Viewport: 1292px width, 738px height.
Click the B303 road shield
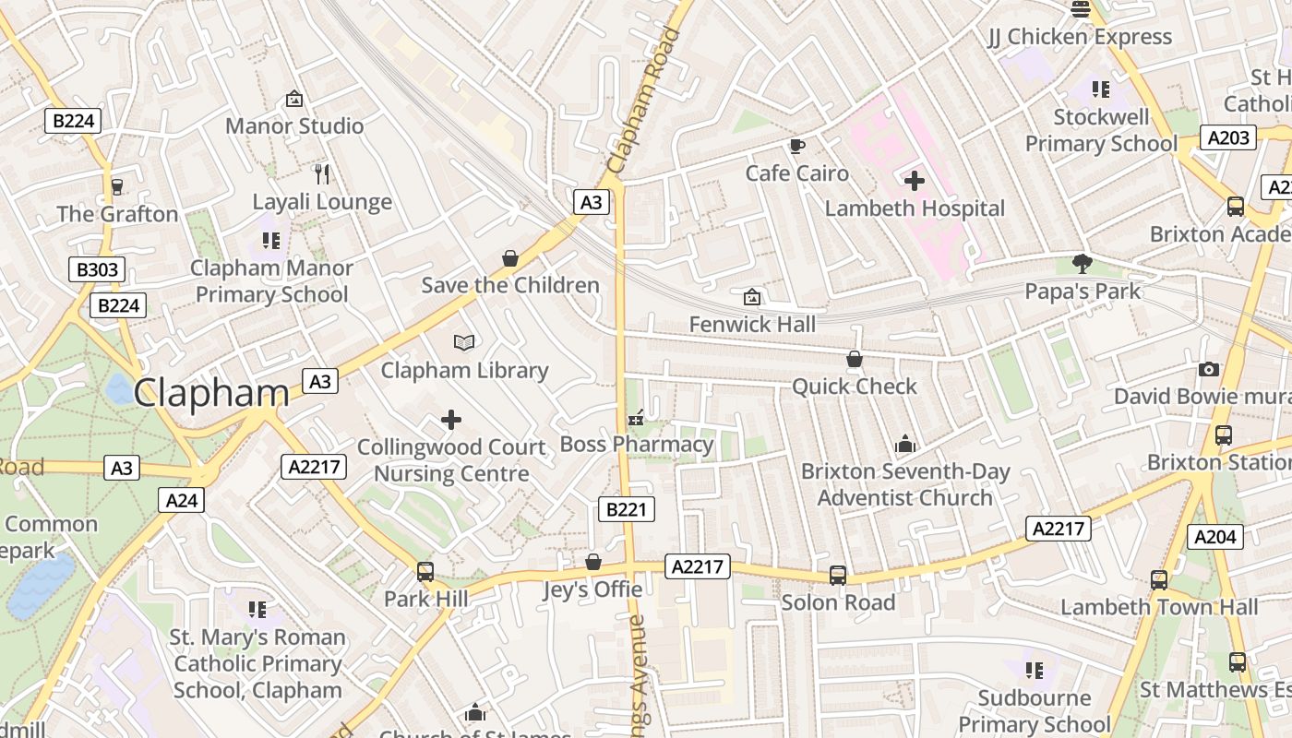point(97,269)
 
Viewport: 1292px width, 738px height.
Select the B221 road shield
point(627,509)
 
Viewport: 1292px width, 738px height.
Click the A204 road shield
point(1215,537)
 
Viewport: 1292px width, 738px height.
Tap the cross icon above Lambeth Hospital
point(915,181)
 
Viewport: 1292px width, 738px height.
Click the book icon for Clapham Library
point(464,343)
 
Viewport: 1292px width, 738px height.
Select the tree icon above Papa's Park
point(1083,265)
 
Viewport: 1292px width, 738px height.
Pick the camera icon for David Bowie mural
point(1208,370)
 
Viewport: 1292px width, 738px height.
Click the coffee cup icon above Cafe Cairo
point(796,146)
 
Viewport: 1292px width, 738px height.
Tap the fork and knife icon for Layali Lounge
point(322,174)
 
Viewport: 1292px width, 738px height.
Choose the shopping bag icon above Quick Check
point(855,359)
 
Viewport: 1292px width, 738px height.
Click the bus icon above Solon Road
point(838,576)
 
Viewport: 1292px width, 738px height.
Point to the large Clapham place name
point(211,393)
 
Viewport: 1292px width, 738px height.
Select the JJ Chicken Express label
point(1080,37)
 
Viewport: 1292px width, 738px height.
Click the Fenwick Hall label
point(753,324)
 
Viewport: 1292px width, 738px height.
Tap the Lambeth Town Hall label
point(1159,607)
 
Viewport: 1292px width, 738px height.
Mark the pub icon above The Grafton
point(117,187)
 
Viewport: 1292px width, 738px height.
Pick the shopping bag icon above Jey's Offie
point(593,562)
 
